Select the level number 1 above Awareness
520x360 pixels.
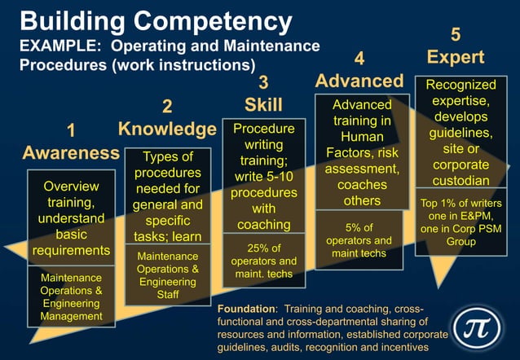coord(71,130)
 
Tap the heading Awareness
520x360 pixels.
coord(71,152)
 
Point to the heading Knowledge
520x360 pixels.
coord(167,129)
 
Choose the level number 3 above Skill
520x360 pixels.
coord(263,81)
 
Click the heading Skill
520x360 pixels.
coord(263,104)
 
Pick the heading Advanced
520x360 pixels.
coord(359,81)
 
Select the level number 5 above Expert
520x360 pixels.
coord(456,34)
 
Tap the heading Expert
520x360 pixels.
coord(456,57)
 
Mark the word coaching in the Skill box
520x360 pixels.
coord(263,224)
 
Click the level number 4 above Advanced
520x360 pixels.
coord(359,58)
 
